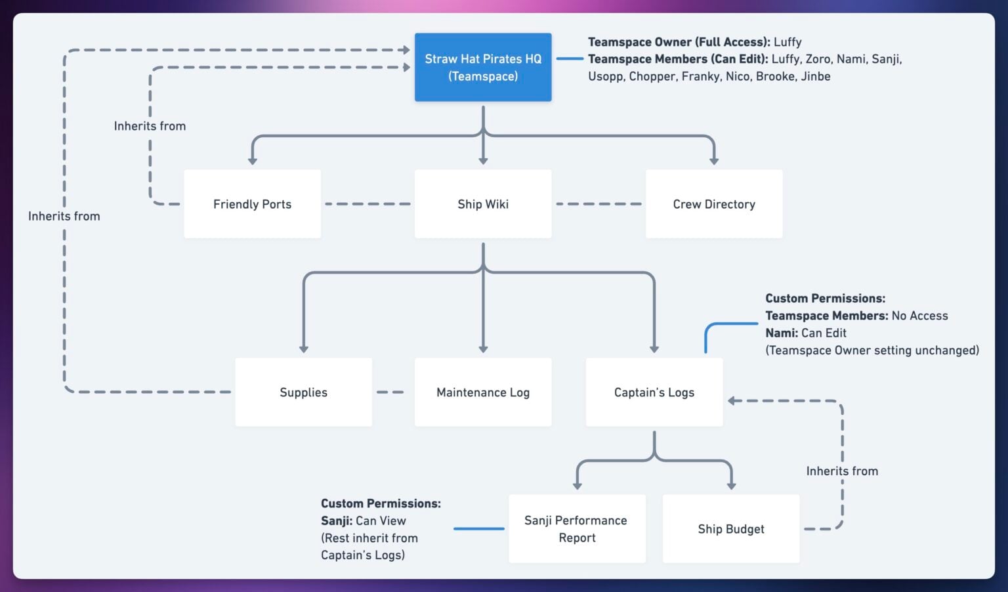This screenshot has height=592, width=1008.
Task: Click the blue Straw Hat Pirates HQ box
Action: pos(483,68)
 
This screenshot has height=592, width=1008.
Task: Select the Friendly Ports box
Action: pos(252,204)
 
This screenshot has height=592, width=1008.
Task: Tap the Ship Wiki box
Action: pos(483,204)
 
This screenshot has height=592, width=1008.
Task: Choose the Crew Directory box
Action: pos(714,204)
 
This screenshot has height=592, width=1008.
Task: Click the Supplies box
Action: pos(303,392)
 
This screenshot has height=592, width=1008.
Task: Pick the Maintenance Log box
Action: pos(483,392)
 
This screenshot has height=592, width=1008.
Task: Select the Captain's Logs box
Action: pos(654,392)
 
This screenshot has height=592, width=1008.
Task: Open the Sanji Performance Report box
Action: pos(576,529)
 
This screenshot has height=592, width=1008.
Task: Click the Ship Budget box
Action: pos(731,529)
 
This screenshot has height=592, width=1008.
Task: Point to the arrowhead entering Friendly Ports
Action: pos(252,160)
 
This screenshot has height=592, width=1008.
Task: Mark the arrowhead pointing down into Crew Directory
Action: pos(714,160)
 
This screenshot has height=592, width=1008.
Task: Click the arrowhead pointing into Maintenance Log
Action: pos(483,349)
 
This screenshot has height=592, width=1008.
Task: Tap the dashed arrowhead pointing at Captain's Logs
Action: pos(732,400)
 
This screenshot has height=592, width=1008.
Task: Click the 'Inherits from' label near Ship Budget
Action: pos(842,471)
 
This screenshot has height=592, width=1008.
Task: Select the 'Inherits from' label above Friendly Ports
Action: pos(150,126)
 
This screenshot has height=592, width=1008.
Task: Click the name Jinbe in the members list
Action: pos(816,76)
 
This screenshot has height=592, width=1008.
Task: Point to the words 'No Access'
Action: pos(919,316)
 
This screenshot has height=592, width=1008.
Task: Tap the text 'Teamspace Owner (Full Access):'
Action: pos(679,42)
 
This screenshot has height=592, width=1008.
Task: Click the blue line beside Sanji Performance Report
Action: pos(479,529)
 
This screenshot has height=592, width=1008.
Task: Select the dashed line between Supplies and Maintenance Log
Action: pos(390,392)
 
